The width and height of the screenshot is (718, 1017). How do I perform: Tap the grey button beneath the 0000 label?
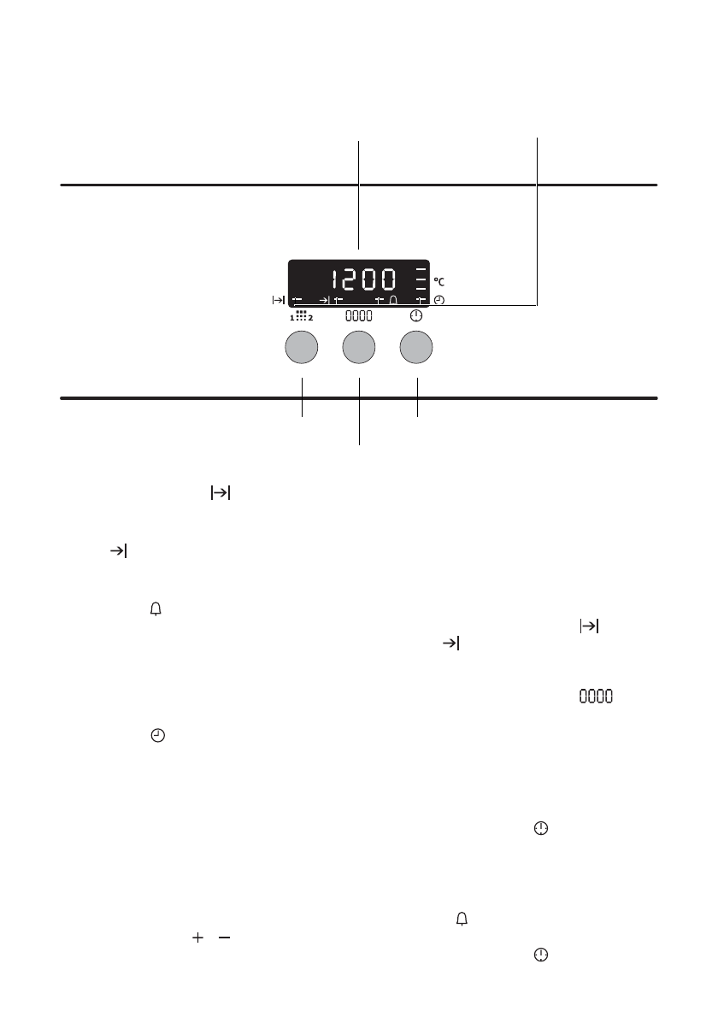(359, 347)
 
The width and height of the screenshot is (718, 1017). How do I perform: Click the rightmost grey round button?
(416, 347)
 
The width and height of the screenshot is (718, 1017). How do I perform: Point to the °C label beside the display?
(439, 282)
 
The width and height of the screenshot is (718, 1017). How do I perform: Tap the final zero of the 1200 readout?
(389, 279)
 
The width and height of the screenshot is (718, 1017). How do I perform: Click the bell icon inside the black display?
(393, 300)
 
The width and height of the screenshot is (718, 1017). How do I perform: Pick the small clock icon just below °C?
(439, 300)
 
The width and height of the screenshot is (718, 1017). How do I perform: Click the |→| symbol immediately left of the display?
(279, 300)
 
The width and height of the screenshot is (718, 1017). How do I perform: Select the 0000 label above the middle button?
(359, 316)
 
